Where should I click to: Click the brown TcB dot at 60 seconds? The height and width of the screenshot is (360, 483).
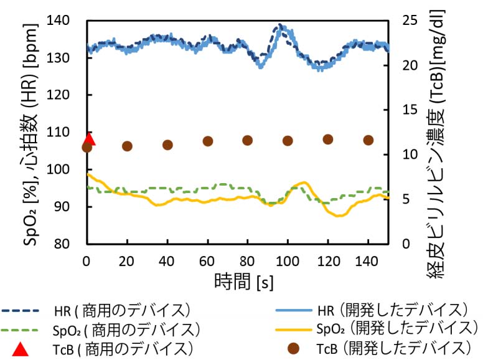pyautogui.click(x=208, y=141)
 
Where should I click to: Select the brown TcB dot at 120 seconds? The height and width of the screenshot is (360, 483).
pyautogui.click(x=327, y=140)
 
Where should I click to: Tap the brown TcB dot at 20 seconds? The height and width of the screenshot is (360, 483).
pyautogui.click(x=128, y=146)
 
